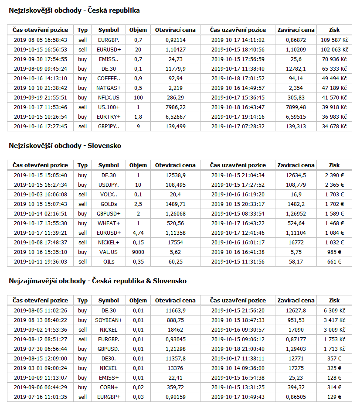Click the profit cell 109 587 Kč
pos(334,40)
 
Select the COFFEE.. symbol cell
pos(109,79)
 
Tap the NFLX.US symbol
pos(109,98)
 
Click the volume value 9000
pos(138,252)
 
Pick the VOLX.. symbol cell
pos(109,195)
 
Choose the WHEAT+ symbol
pos(109,223)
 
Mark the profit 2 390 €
pos(334,175)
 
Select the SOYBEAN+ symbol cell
pos(109,320)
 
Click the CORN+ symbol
pos(109,387)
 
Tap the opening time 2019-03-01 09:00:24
pos(41,368)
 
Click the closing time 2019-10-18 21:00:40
pos(238,349)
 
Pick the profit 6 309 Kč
pos(334,311)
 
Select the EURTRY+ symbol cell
pos(109,117)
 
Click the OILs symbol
pos(109,262)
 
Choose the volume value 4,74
pos(138,233)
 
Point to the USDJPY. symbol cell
pos(109,185)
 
